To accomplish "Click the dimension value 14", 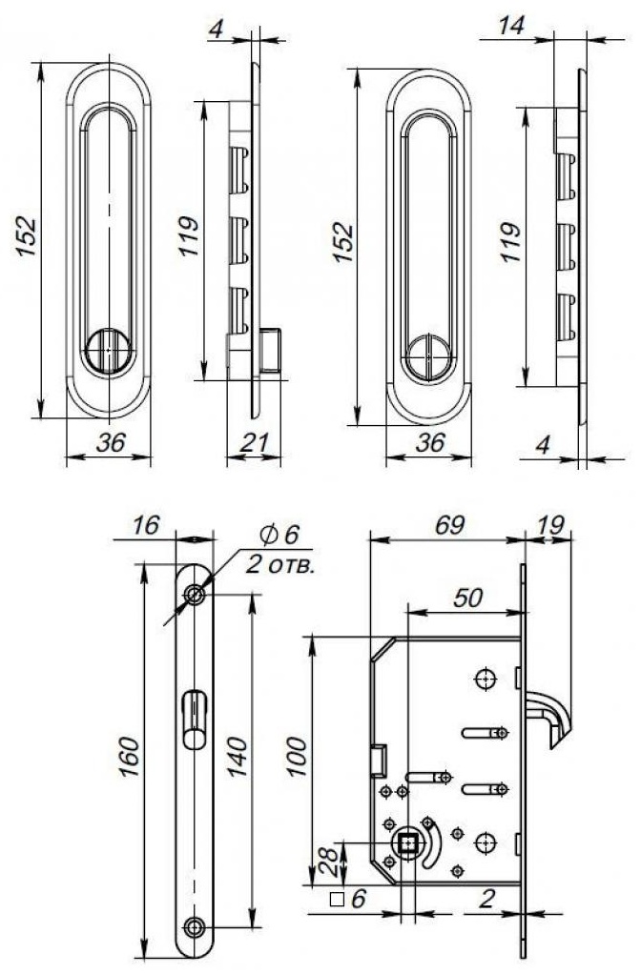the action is [x=510, y=26].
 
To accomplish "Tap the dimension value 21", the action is [x=255, y=442].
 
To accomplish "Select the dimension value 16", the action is [x=146, y=525].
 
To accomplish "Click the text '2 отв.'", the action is [x=279, y=565].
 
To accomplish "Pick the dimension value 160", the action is [x=130, y=756].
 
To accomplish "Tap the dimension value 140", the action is [x=237, y=756].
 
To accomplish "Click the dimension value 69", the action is [x=449, y=525].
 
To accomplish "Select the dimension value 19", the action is [x=549, y=525].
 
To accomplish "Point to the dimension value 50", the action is [x=467, y=598].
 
